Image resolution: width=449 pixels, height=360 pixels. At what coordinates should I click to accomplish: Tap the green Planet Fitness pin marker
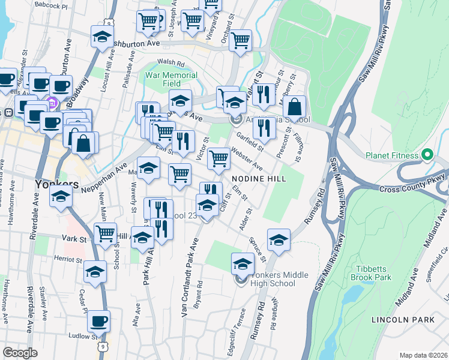coord(427,155)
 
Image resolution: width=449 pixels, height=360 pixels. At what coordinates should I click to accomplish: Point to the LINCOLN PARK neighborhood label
coord(403,320)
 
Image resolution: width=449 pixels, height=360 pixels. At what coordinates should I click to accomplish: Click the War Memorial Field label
coord(171,80)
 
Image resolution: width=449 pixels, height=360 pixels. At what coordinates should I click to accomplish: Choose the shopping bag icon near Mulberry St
coord(295,107)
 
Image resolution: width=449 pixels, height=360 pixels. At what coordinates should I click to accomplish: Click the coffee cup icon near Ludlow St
coord(98,321)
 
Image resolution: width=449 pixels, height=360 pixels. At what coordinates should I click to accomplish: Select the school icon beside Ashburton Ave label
coord(103,37)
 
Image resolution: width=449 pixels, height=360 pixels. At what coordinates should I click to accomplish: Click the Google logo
coord(20,353)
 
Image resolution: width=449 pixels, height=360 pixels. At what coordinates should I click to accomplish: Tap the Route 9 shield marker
coord(104,346)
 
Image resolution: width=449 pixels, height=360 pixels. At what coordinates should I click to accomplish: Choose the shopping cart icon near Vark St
coord(106,233)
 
